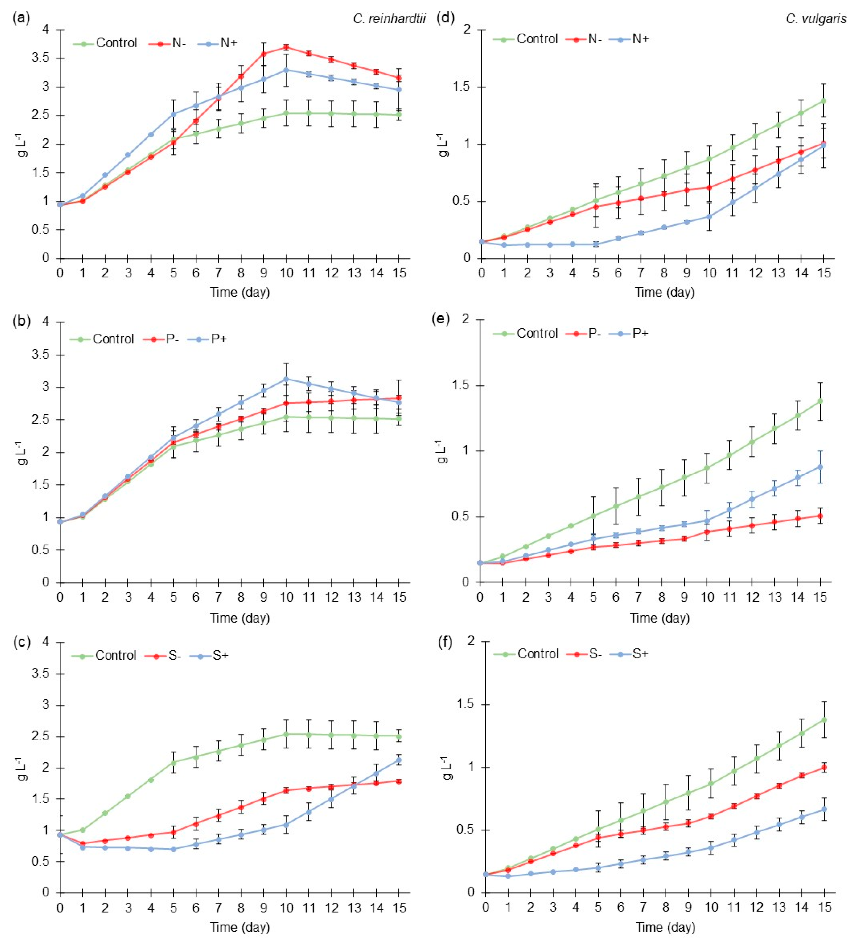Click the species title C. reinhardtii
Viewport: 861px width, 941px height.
coord(389,19)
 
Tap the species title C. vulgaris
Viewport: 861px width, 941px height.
coord(816,19)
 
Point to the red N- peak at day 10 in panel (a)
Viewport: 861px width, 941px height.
coord(286,47)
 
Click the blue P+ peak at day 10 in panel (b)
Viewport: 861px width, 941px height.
coord(286,379)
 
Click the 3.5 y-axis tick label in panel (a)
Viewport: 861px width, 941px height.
coord(46,58)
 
